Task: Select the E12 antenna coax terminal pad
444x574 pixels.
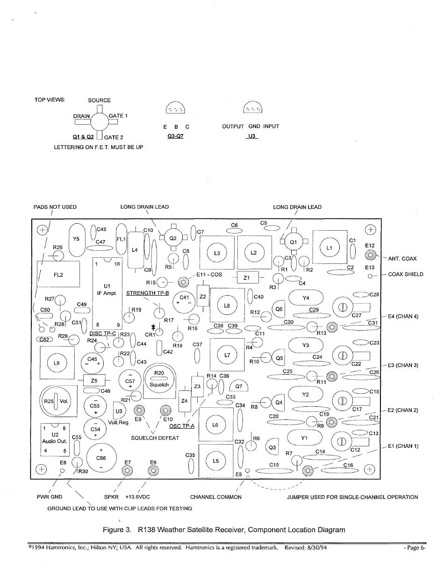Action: [370, 255]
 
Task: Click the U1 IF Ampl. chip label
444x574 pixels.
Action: [107, 290]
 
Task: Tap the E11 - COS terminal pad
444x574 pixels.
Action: [183, 282]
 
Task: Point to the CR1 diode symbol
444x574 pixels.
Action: [153, 327]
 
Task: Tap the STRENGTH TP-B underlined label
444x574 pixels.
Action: [148, 293]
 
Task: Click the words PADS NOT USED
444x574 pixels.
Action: [55, 207]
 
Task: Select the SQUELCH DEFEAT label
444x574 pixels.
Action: [155, 438]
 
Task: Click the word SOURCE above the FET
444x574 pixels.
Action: [100, 100]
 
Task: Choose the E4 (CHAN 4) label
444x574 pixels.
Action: [403, 316]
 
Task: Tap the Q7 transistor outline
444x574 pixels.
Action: [239, 386]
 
